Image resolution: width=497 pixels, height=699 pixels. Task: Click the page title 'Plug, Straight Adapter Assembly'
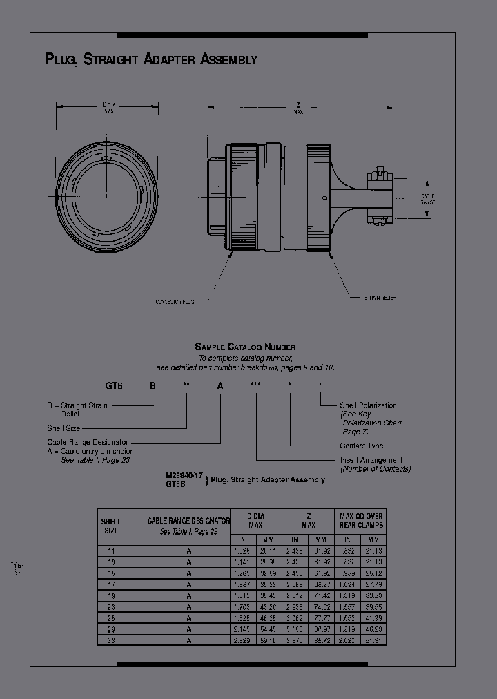click(150, 59)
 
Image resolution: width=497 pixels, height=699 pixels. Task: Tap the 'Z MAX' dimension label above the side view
click(298, 108)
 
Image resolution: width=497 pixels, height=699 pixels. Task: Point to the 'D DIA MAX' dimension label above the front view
click(108, 106)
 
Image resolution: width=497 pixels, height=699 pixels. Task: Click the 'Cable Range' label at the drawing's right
click(428, 199)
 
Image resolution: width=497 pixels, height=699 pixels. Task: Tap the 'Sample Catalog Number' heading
click(245, 347)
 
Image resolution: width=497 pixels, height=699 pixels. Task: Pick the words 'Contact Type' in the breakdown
click(361, 446)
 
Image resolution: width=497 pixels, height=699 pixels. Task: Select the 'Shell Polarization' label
click(368, 405)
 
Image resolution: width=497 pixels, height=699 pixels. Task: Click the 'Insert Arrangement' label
click(371, 459)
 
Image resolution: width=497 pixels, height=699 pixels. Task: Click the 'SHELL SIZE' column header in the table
click(111, 526)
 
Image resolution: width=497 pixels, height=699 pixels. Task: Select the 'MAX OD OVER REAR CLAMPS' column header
click(361, 521)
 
